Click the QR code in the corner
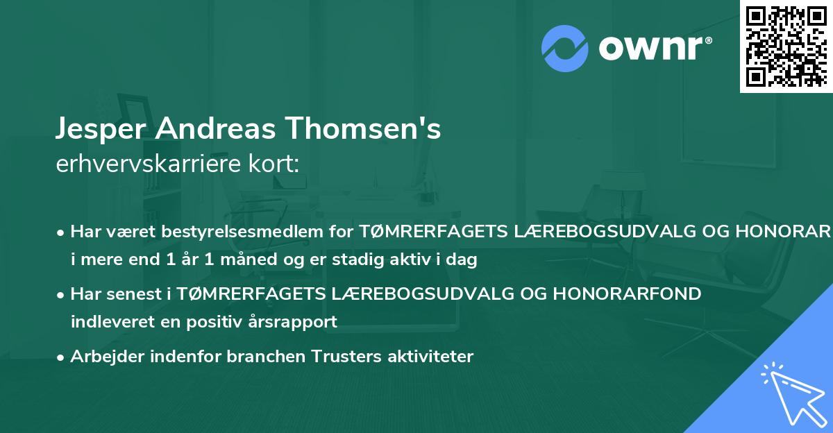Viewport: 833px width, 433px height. click(785, 46)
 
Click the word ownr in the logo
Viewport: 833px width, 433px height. click(653, 48)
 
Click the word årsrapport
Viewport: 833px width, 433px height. click(294, 322)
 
